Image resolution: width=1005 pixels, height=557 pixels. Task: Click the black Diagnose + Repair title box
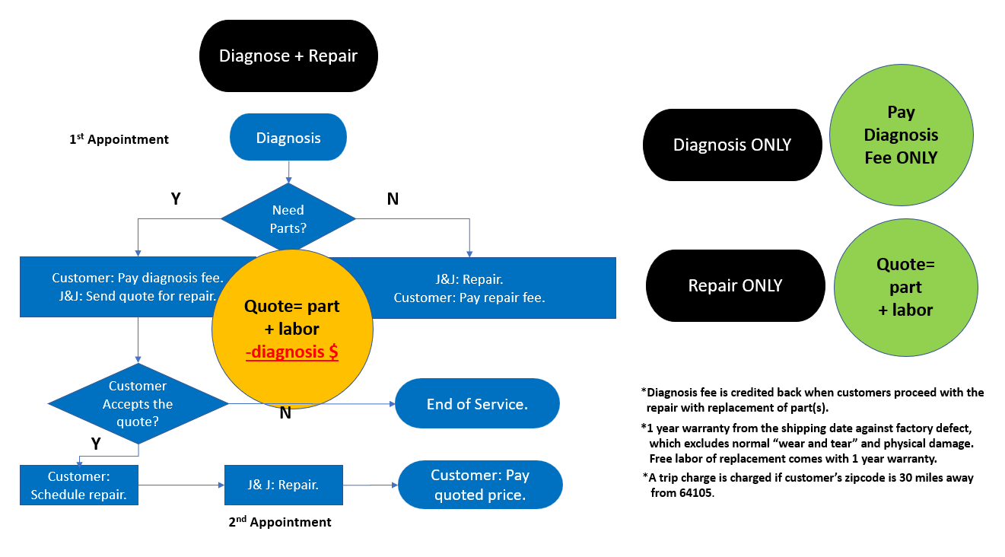coord(288,56)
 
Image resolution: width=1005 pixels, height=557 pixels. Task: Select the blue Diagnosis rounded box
coord(288,138)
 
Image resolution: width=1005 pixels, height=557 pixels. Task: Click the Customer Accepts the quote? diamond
coord(138,404)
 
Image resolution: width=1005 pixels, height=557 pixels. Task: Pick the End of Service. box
coord(477,404)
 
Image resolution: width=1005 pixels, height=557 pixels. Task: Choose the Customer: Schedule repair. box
coord(79,485)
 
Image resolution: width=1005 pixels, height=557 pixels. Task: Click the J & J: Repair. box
coord(283,485)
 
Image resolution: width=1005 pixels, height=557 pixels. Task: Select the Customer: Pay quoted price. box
coord(480,485)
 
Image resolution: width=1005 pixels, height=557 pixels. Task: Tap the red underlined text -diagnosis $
coord(291,352)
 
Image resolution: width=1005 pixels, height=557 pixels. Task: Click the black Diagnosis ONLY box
coord(732,145)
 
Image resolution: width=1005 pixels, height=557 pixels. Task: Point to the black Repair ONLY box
coord(735,285)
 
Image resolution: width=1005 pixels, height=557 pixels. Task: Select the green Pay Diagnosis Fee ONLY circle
coord(901,135)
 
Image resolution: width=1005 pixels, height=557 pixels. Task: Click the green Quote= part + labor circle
coord(905,287)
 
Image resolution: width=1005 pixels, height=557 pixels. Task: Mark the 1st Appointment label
coord(119,139)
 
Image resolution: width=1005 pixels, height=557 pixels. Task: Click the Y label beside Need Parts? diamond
coord(176,199)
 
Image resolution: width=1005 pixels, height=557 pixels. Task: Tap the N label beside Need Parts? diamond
coord(393,199)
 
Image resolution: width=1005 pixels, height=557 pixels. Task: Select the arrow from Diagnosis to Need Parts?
coord(288,172)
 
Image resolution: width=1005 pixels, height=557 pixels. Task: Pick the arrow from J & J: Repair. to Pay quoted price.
coord(370,485)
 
